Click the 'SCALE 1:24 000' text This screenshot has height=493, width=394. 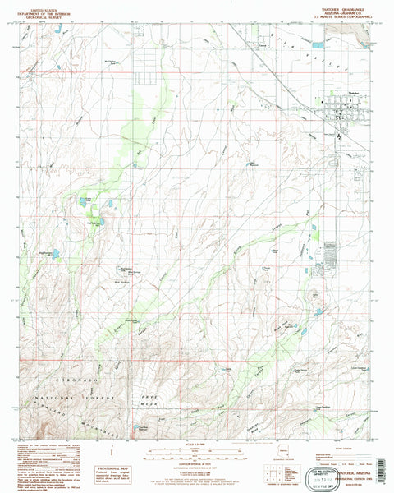coord(196,445)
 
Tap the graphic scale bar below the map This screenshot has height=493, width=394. coord(196,452)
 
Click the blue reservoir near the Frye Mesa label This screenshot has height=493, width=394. coord(135,427)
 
